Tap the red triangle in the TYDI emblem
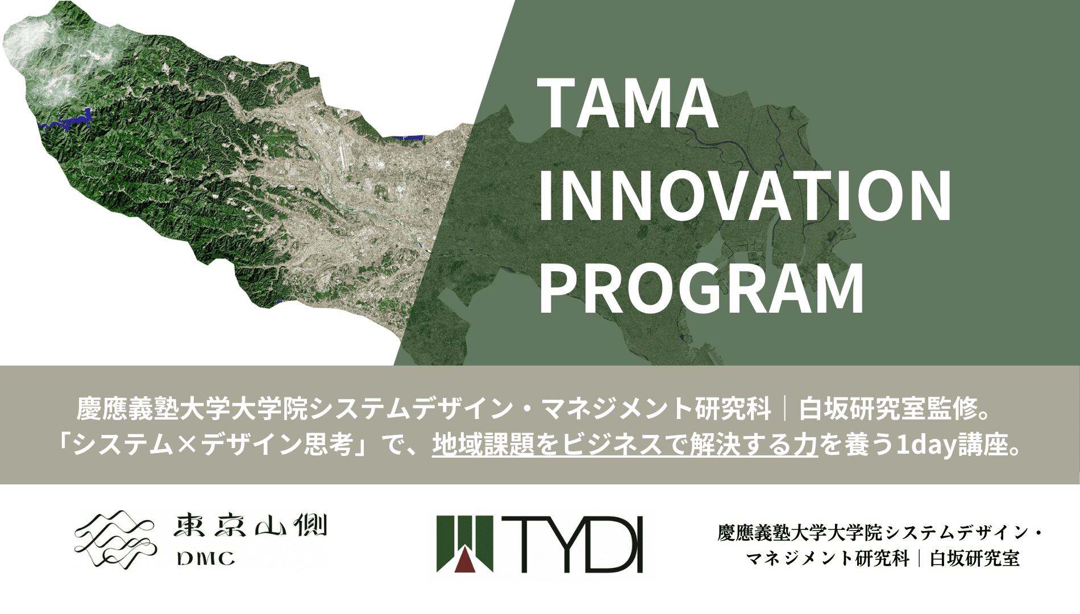[467, 560]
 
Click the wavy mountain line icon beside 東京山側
[114, 537]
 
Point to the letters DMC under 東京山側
[206, 559]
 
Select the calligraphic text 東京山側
[251, 526]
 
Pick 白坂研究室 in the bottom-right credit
[974, 558]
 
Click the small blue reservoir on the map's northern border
[408, 137]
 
